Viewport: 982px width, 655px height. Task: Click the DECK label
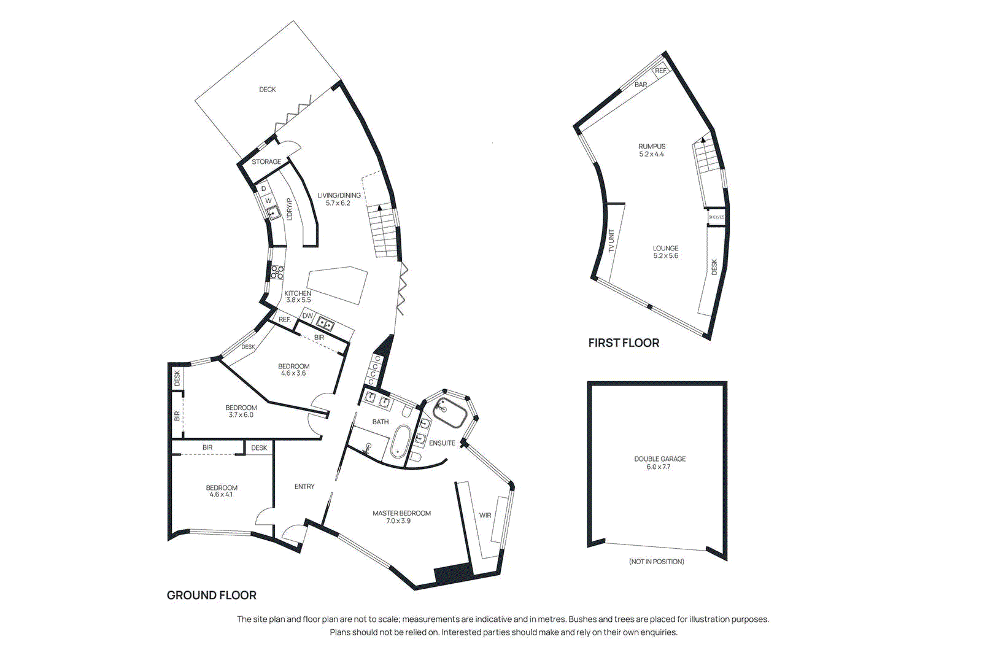pos(267,90)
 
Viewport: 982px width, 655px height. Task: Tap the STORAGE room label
pos(266,162)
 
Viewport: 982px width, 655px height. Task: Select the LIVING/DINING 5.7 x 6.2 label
pos(339,199)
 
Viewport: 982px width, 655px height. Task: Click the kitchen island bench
pos(337,284)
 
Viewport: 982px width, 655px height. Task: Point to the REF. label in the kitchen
pos(285,320)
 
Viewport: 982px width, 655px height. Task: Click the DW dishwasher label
pos(307,316)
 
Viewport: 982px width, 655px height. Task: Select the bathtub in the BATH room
pos(400,443)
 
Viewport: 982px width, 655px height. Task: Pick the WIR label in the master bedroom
pos(485,516)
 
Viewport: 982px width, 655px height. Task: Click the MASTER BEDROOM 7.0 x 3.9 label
pos(401,517)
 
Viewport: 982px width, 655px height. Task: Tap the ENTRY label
pos(304,487)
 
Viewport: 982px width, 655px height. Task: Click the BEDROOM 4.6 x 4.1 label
pos(222,491)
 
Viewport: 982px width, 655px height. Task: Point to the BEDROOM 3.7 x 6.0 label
pos(241,411)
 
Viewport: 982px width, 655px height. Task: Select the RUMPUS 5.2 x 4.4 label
pos(651,150)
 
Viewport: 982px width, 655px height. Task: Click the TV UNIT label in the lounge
pos(611,241)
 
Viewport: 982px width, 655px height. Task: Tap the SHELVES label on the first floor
pos(716,217)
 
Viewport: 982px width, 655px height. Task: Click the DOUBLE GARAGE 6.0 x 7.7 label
pos(659,463)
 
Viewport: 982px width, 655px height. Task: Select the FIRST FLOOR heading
pos(624,343)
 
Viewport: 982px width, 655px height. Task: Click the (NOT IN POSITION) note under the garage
pos(656,562)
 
